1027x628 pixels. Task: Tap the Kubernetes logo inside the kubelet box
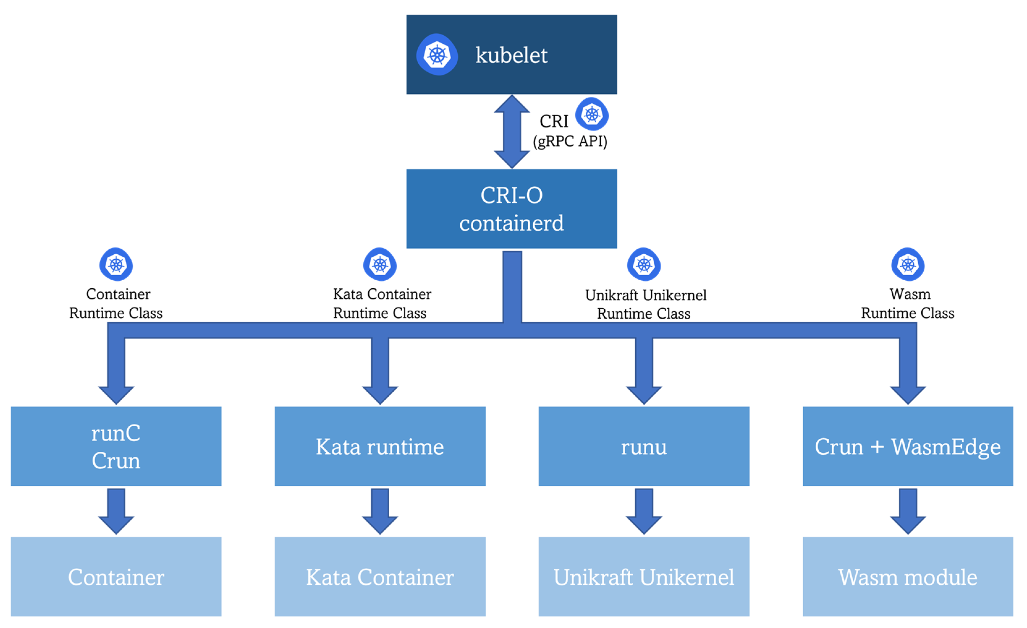(x=437, y=55)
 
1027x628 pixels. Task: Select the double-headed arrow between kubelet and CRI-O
(x=512, y=131)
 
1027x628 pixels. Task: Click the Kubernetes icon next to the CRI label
(x=592, y=114)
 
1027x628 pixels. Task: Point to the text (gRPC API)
(x=570, y=141)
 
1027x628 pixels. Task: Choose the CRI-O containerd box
(x=512, y=209)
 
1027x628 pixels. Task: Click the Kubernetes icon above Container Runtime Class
(x=116, y=264)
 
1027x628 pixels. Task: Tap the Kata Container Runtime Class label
(x=381, y=303)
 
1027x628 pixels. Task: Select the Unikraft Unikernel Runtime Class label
(x=645, y=304)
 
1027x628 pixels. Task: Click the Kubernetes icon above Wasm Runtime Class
(x=908, y=264)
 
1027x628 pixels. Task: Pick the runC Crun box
(x=116, y=446)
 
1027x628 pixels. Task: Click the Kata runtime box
(x=380, y=446)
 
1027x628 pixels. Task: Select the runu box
(x=644, y=446)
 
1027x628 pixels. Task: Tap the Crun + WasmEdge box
(x=908, y=446)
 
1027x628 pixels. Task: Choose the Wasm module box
(x=908, y=577)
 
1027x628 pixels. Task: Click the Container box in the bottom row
(x=116, y=577)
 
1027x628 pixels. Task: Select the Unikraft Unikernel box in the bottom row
(x=644, y=577)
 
